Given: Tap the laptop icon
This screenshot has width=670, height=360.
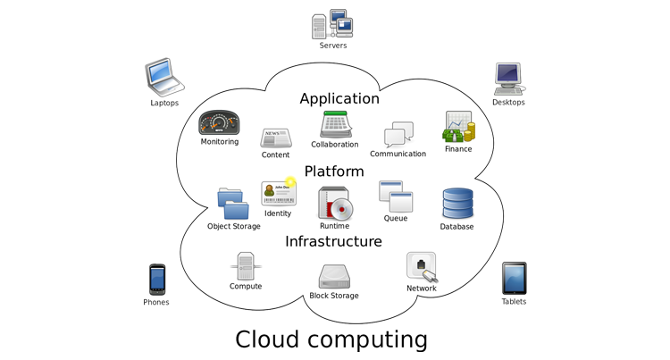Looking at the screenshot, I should click(x=163, y=77).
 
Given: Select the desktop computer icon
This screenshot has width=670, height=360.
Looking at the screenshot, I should click(x=508, y=79).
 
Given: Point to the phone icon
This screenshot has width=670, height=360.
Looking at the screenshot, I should click(x=157, y=280).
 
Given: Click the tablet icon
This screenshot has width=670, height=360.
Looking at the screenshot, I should click(x=514, y=278).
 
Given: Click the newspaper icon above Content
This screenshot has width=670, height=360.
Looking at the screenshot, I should click(x=275, y=138).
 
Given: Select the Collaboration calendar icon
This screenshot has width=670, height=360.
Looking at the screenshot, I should click(x=335, y=124).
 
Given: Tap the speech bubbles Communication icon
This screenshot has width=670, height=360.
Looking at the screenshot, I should click(x=398, y=135).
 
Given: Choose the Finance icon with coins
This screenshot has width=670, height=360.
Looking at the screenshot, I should click(x=458, y=127).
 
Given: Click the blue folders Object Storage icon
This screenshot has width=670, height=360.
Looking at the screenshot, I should click(x=234, y=204).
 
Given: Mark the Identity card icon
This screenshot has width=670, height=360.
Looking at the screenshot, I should click(x=277, y=193).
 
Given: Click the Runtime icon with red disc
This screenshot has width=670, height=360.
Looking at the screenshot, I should click(x=335, y=204).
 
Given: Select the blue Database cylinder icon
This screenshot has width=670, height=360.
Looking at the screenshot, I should click(x=456, y=205).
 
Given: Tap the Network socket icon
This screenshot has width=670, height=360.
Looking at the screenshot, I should click(x=422, y=267).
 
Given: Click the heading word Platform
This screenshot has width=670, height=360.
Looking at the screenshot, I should click(x=334, y=171).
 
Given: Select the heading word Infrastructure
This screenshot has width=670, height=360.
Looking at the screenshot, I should click(x=333, y=241).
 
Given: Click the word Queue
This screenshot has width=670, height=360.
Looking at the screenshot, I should click(x=396, y=218).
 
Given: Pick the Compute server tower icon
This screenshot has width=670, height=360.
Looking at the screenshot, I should click(x=246, y=266).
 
